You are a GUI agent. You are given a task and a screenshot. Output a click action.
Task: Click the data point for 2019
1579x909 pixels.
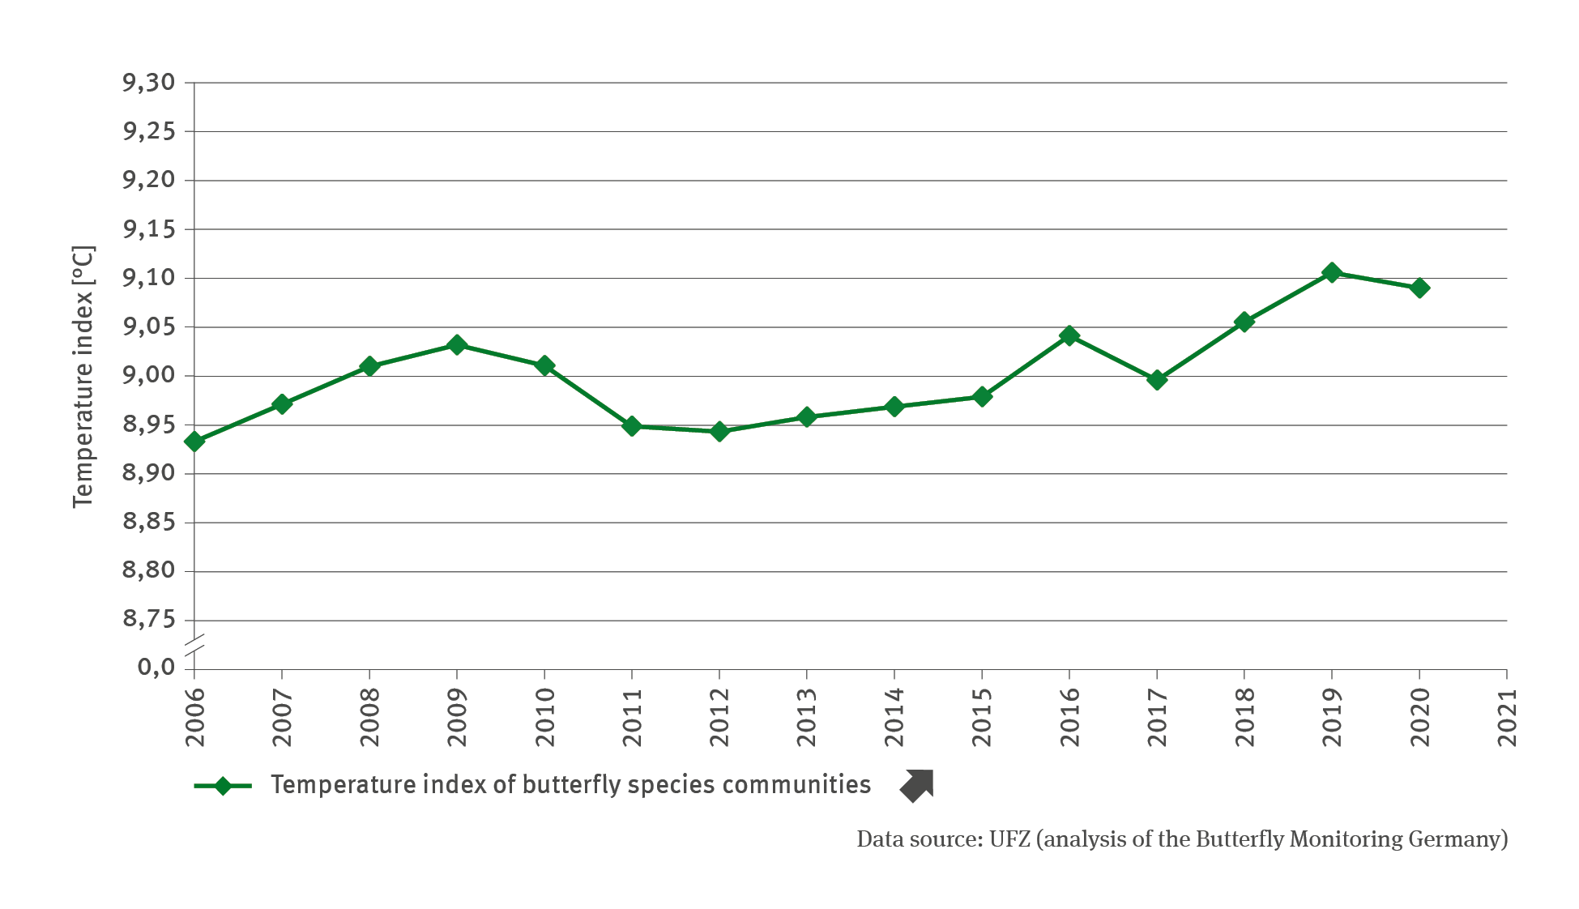click(1331, 272)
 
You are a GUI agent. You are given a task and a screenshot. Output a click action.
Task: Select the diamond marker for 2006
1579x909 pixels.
click(194, 442)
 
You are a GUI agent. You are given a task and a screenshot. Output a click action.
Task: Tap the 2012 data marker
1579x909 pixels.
click(719, 431)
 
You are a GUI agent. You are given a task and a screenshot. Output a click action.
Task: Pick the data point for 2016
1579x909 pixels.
click(1069, 335)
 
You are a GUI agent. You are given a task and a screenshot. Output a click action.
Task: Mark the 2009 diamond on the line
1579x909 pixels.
click(457, 345)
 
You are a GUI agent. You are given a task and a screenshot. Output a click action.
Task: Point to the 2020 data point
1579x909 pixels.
click(1419, 288)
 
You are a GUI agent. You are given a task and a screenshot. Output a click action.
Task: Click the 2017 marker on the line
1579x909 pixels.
click(1157, 379)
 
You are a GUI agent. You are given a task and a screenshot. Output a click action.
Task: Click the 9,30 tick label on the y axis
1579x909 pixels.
click(149, 83)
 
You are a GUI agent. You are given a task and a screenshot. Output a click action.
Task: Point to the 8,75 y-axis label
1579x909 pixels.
click(149, 620)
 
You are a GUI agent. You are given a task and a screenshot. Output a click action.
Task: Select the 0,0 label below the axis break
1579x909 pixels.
click(156, 667)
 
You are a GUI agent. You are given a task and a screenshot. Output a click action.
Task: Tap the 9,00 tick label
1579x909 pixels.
click(149, 376)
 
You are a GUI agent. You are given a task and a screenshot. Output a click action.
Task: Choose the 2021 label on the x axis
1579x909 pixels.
click(1507, 718)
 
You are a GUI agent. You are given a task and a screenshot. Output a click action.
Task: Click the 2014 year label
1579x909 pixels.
click(894, 718)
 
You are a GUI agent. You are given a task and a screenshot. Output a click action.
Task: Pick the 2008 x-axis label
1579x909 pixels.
click(369, 718)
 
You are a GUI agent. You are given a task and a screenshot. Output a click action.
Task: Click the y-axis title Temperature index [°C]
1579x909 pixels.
click(83, 377)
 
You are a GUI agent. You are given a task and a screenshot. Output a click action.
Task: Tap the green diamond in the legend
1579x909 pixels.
click(223, 786)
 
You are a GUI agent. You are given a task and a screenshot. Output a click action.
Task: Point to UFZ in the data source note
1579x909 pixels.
click(1009, 839)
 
